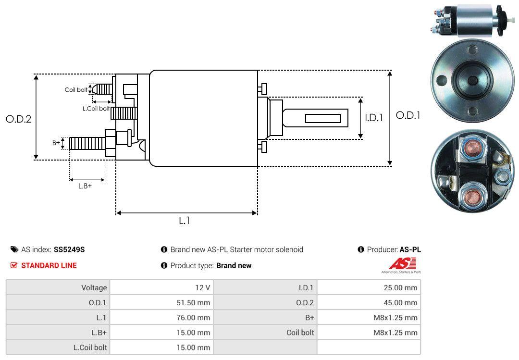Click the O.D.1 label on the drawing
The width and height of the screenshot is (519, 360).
coord(408,115)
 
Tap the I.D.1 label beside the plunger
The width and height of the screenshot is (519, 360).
coord(373,117)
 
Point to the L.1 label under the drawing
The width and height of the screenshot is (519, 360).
coord(185,221)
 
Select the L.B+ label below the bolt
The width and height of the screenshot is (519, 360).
coord(85,186)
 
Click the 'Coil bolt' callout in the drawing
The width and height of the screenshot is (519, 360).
coord(76,90)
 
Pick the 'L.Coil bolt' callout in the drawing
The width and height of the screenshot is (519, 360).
coord(96,109)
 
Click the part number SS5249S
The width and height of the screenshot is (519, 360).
coord(70,249)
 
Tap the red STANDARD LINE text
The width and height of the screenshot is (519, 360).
coord(49,265)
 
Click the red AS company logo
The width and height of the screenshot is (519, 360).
coord(402,264)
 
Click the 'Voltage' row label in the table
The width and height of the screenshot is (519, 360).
coord(94,287)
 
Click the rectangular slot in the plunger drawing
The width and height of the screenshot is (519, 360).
coord(323,118)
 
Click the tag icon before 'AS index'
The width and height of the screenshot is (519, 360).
coord(14,249)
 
